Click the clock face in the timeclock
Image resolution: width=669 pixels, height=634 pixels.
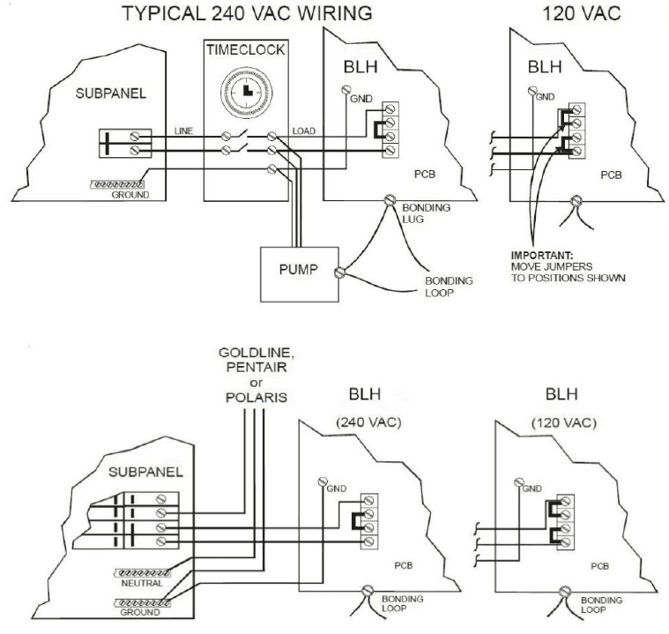point(245,91)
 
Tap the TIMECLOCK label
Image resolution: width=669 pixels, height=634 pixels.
point(246,51)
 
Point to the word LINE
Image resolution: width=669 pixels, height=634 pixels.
point(183,131)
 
